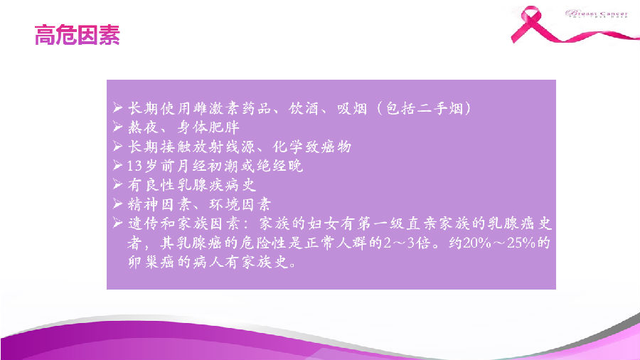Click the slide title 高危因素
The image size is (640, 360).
point(77,35)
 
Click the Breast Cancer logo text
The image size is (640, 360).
point(598,14)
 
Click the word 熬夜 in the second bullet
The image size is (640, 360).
point(142,128)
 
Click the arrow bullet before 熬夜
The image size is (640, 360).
point(119,128)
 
